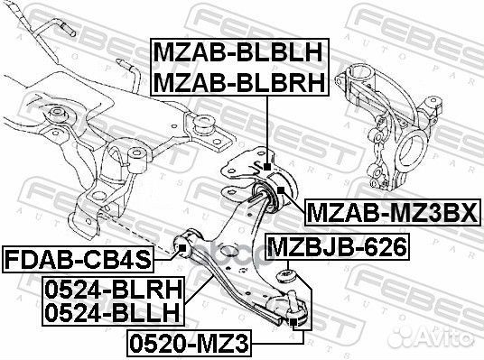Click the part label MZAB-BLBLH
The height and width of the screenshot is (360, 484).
pos(239,51)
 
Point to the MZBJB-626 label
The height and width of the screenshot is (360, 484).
pos(337,245)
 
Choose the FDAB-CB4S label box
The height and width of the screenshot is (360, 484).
pos(77,261)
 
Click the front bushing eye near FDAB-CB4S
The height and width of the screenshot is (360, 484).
pos(184,243)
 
